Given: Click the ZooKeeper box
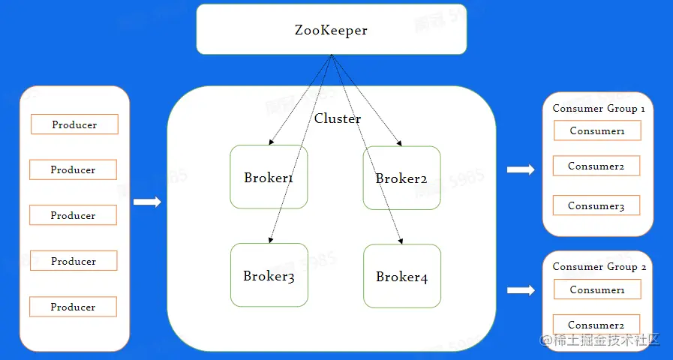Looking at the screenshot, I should (x=331, y=30).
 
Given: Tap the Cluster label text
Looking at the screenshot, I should (x=337, y=118).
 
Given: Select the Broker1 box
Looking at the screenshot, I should (x=269, y=178).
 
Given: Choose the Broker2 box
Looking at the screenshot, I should (x=401, y=178).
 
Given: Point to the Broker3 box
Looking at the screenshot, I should (x=269, y=275).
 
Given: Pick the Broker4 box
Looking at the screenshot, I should (x=401, y=276).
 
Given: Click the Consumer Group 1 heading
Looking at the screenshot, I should (x=598, y=108).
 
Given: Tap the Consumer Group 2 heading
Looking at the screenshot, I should (x=598, y=266).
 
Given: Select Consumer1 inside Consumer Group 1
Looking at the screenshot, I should (x=597, y=130).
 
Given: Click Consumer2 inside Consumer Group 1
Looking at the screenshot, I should (x=596, y=166).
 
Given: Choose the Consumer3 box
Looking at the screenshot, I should (x=596, y=205).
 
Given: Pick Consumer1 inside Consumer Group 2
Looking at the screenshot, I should (x=597, y=289).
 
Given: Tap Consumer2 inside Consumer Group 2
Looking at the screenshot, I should (x=596, y=324).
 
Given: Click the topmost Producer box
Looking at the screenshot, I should (x=74, y=124).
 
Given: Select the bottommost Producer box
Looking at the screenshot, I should (x=73, y=307).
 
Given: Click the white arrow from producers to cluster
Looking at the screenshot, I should (x=147, y=202).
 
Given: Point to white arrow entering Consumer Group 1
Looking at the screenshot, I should (x=520, y=169).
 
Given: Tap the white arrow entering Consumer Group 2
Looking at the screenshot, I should (x=520, y=289).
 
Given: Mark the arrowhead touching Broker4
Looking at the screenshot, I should (x=398, y=240).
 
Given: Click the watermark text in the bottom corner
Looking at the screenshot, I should (x=599, y=340).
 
